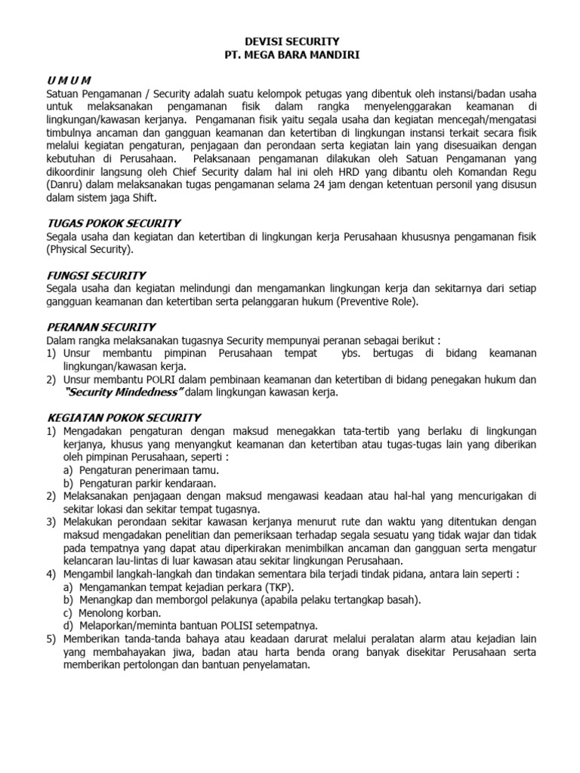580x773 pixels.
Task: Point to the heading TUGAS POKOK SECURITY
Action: [x=113, y=223]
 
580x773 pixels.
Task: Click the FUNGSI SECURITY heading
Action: [x=96, y=275]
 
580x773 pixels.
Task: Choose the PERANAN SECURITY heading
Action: [x=100, y=327]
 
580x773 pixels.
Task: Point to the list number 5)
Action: [x=51, y=639]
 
